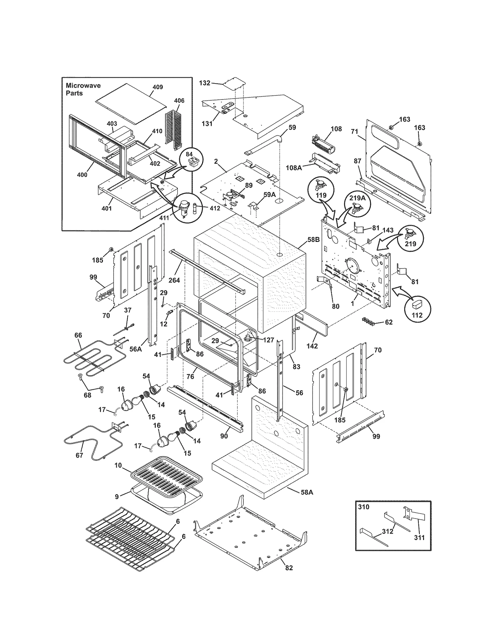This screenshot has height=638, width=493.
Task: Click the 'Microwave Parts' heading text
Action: click(x=83, y=89)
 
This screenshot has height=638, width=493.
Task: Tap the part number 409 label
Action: click(x=157, y=87)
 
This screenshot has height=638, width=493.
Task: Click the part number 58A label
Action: click(x=307, y=492)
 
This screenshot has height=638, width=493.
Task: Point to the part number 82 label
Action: click(x=289, y=568)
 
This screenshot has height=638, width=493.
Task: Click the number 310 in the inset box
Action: click(x=364, y=507)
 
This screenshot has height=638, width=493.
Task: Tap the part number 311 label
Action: click(x=419, y=538)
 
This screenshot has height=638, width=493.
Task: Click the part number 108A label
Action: click(x=293, y=168)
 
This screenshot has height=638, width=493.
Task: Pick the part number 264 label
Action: click(x=174, y=280)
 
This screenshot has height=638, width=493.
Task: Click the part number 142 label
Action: click(x=312, y=346)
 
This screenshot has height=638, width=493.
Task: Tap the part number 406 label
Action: click(x=179, y=100)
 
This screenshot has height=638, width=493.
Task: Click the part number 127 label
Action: click(x=268, y=340)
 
